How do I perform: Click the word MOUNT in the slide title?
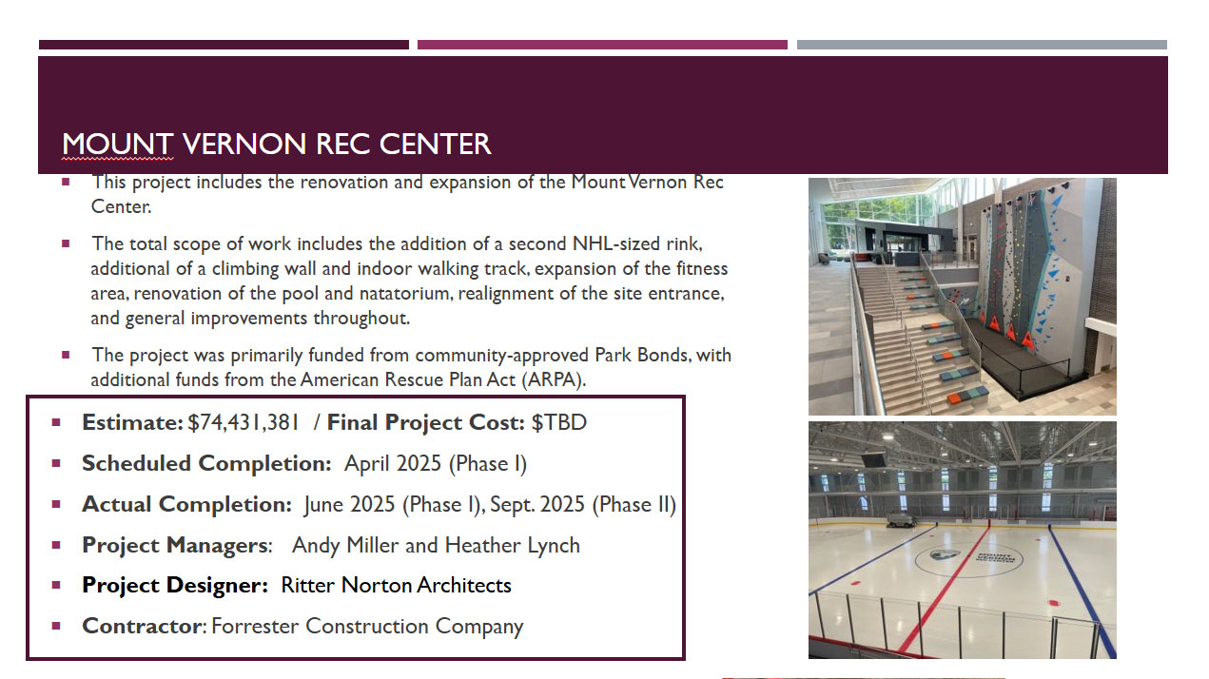click(118, 145)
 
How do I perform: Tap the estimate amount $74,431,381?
click(243, 422)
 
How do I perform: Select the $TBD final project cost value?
click(558, 422)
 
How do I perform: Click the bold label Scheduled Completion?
click(206, 464)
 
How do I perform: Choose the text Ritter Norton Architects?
click(396, 585)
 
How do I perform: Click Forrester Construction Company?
click(367, 627)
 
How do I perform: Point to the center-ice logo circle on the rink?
click(969, 559)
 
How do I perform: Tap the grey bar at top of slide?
click(982, 45)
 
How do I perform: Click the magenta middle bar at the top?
click(602, 45)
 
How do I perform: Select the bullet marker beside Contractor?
click(56, 626)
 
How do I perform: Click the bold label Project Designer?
click(175, 585)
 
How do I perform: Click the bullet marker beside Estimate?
click(56, 422)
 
